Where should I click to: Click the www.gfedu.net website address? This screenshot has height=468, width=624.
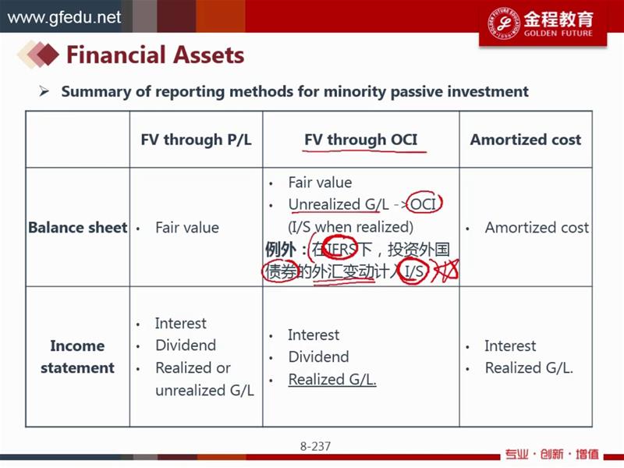64,17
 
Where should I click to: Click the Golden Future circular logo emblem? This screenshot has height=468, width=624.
504,23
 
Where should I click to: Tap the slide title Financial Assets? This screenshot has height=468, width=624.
155,55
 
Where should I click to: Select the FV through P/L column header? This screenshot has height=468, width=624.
197,140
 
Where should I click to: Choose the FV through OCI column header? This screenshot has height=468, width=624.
361,140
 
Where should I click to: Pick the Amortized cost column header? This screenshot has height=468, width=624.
526,140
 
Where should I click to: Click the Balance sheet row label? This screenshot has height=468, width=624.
77,227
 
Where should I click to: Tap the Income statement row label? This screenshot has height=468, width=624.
77,356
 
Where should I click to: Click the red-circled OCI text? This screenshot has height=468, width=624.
423,204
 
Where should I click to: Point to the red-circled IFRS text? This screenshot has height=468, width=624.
341,250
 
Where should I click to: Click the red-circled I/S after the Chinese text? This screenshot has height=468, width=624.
414,271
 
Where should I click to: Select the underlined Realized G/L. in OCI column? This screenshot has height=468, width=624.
332,379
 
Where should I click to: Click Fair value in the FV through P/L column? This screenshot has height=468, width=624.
187,228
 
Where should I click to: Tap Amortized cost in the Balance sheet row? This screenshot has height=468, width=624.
537,228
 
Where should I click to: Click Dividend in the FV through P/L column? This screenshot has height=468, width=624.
186,345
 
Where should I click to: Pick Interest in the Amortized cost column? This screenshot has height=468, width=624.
510,346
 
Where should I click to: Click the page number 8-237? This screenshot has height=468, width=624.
315,446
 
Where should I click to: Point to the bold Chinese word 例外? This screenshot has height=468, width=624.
281,250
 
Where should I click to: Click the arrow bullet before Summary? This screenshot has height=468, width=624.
44,91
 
